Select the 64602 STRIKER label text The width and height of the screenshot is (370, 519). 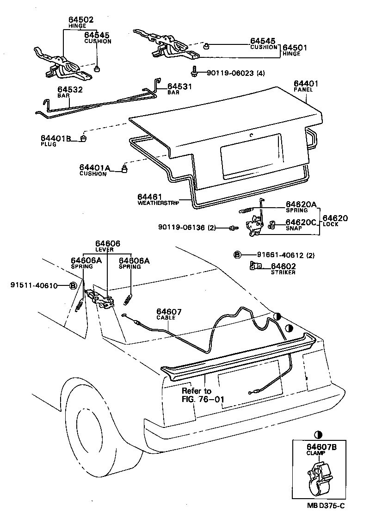coord(283,269)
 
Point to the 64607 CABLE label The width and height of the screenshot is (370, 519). coord(169,315)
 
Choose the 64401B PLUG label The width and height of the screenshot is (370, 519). coord(55,140)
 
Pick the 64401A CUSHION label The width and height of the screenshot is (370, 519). coord(95,170)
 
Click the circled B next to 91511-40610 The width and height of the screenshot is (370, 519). coord(73,285)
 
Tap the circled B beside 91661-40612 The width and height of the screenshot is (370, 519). coord(237,255)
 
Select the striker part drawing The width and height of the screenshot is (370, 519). coord(255,266)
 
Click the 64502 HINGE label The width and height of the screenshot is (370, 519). coord(81,22)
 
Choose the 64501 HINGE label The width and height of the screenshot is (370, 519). coord(295,50)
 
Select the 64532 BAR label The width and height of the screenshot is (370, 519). coord(70,92)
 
